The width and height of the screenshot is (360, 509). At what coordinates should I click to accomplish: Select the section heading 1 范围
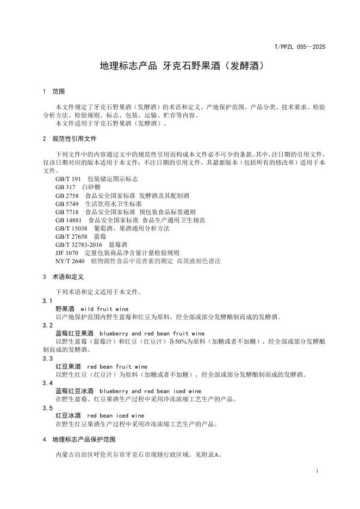(x=54, y=91)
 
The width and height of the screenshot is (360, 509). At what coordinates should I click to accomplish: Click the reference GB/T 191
(x=68, y=179)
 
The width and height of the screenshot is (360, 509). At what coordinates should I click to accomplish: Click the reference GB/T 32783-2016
(x=79, y=245)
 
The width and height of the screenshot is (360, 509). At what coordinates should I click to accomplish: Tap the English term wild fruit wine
(x=104, y=309)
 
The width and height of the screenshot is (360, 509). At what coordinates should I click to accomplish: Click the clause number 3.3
(x=48, y=358)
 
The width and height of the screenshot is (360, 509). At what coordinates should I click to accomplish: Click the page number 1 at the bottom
(x=317, y=471)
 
